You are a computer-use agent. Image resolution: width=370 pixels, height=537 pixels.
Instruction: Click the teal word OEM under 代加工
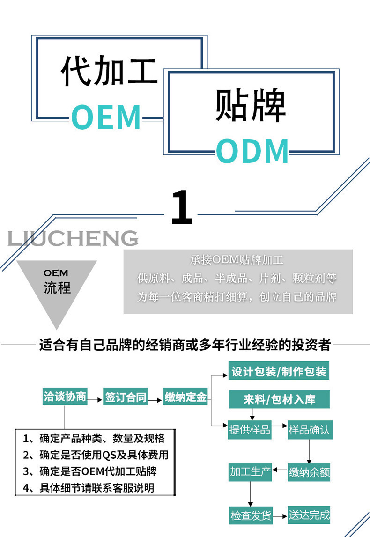click(x=106, y=117)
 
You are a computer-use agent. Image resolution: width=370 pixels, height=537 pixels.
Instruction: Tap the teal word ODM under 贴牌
click(x=252, y=151)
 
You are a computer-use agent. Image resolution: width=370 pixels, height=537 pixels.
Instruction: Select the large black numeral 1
click(x=182, y=207)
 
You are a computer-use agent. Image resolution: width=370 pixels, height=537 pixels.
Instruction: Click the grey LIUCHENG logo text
click(x=73, y=238)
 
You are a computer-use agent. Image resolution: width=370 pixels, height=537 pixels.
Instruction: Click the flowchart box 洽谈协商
click(x=65, y=397)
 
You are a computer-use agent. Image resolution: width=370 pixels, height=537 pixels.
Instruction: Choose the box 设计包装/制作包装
click(x=279, y=372)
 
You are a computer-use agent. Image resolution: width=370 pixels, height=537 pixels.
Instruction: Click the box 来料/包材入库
click(x=279, y=399)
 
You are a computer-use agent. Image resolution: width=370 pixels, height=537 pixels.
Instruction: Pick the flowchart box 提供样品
click(x=250, y=429)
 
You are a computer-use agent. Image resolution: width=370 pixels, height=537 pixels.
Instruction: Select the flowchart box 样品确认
click(x=309, y=429)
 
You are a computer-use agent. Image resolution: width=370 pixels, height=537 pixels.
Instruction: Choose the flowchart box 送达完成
click(x=309, y=515)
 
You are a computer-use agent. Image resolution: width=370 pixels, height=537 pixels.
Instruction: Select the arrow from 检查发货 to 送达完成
click(x=280, y=516)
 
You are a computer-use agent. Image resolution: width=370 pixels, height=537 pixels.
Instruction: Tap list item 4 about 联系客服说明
click(x=89, y=487)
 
